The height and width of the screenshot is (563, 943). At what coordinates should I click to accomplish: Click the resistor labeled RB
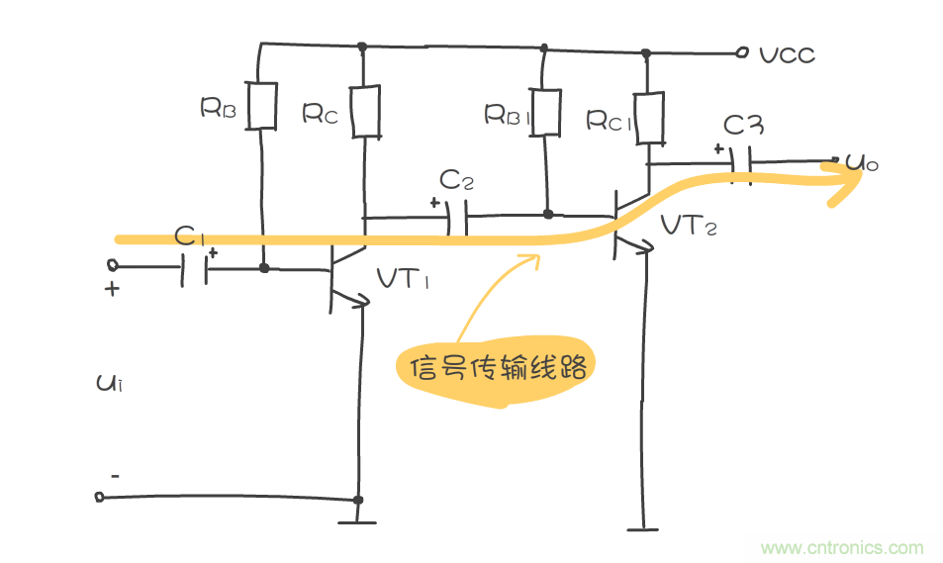pyautogui.click(x=261, y=106)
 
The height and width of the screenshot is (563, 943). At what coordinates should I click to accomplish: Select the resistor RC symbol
pyautogui.click(x=365, y=112)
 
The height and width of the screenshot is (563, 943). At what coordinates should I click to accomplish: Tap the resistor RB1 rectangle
pyautogui.click(x=545, y=112)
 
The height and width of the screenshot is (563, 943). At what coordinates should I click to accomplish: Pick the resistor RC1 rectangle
pyautogui.click(x=648, y=117)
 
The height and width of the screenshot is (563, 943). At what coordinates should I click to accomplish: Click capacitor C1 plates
pyautogui.click(x=195, y=268)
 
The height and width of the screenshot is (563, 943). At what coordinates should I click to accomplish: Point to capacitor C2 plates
pyautogui.click(x=456, y=217)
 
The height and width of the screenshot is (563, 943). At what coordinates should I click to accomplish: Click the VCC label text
pyautogui.click(x=788, y=55)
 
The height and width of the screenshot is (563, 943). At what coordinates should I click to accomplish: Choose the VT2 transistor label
pyautogui.click(x=690, y=227)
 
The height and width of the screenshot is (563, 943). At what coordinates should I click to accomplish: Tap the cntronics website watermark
pyautogui.click(x=841, y=548)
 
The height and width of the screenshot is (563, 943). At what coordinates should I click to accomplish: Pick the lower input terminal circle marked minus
pyautogui.click(x=100, y=496)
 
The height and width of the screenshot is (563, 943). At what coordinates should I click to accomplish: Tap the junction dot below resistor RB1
pyautogui.click(x=547, y=213)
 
